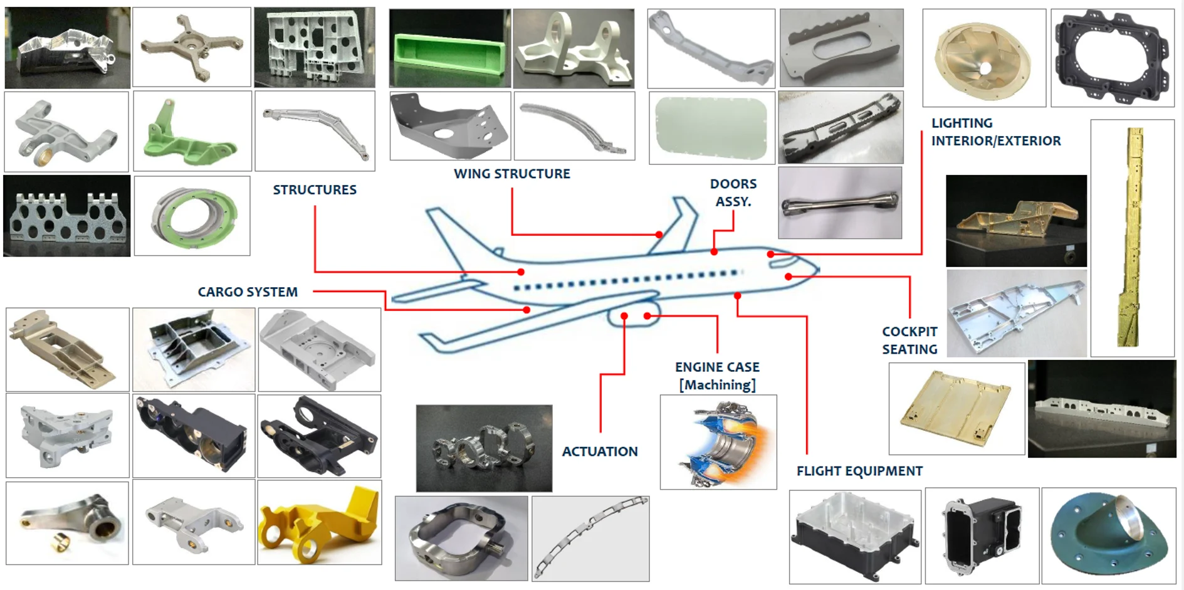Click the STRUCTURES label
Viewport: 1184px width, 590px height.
point(314,190)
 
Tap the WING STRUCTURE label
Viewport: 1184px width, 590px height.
point(511,174)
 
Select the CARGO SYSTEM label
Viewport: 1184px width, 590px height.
point(248,292)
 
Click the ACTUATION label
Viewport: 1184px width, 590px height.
point(599,451)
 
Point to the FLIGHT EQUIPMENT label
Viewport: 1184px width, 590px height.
point(859,471)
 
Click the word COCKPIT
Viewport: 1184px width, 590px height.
point(909,332)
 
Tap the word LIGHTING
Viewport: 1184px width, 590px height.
point(961,124)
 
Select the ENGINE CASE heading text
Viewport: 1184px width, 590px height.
point(717,367)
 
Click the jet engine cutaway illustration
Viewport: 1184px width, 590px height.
point(718,443)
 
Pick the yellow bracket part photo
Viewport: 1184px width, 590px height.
point(319,523)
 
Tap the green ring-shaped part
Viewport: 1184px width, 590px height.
point(192,216)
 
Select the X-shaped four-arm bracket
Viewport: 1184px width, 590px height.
point(192,47)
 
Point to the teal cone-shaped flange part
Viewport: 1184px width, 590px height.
point(1108,535)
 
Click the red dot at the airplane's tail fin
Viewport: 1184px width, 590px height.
point(659,234)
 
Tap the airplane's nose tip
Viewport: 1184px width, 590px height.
point(817,270)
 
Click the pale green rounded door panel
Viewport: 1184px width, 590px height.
point(711,128)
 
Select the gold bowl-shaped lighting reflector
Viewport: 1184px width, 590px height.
point(983,58)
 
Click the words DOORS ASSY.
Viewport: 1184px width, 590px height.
point(733,192)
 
